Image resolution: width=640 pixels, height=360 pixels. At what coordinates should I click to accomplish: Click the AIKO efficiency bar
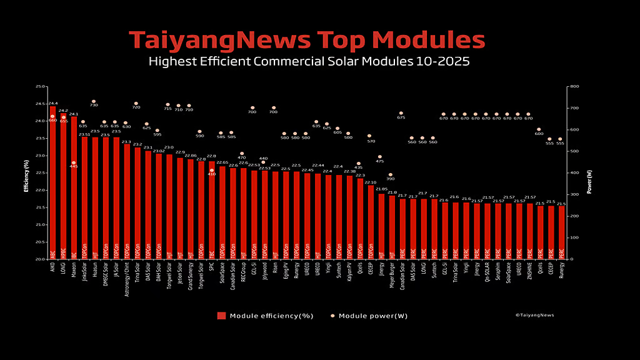click(x=53, y=181)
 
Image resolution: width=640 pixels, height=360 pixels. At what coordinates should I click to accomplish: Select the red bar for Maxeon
click(x=74, y=187)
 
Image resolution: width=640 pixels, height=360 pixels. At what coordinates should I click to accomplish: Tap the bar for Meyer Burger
click(x=392, y=227)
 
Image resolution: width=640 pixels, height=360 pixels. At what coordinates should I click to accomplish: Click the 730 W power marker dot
click(x=94, y=101)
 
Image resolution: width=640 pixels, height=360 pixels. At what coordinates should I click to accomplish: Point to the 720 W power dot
click(x=136, y=104)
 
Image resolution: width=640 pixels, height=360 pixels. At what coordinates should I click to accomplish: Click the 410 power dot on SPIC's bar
click(x=211, y=170)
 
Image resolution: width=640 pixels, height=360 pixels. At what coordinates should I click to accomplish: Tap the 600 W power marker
click(x=539, y=129)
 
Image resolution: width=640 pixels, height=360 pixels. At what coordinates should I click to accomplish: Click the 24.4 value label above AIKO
click(x=53, y=103)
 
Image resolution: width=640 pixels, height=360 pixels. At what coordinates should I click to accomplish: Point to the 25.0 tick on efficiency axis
click(x=41, y=87)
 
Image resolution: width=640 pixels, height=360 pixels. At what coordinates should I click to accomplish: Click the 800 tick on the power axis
click(x=574, y=87)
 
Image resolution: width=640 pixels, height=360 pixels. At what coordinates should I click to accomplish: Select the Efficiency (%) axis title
click(x=27, y=173)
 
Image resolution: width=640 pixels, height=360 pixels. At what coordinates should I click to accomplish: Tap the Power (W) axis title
click(x=589, y=173)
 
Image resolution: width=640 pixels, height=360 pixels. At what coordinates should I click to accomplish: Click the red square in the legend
click(x=221, y=316)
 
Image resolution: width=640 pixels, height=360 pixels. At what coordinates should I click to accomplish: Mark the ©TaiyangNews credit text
click(x=534, y=315)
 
